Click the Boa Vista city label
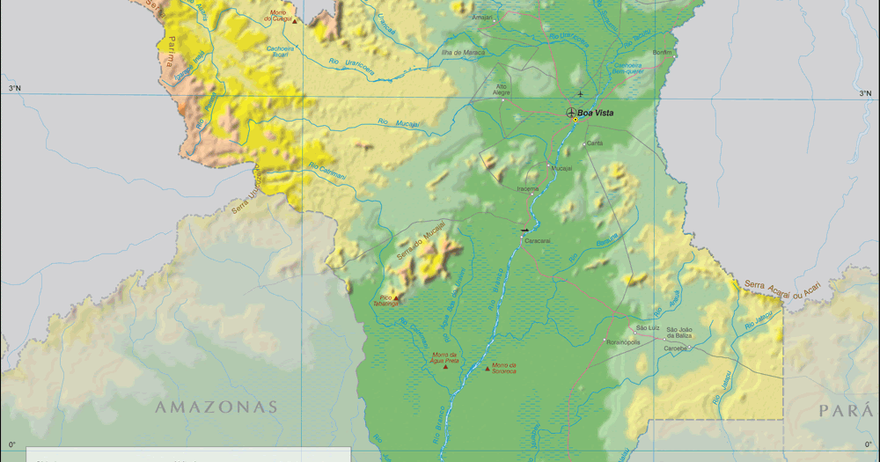tap(595, 113)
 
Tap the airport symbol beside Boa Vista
tap(570, 113)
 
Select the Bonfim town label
tap(662, 52)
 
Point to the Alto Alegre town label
tap(502, 89)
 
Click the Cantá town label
tap(594, 143)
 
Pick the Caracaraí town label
tap(537, 239)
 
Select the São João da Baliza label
tap(679, 333)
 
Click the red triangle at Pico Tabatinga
tap(396, 297)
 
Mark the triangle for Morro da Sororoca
tap(488, 368)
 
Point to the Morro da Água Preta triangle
tap(445, 367)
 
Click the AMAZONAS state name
tap(216, 407)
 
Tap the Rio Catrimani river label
tap(326, 172)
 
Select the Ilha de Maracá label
tap(463, 52)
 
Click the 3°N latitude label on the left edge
tap(15, 88)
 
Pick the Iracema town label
tap(527, 187)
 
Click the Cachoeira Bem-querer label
tap(627, 68)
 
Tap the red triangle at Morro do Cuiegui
tap(295, 19)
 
